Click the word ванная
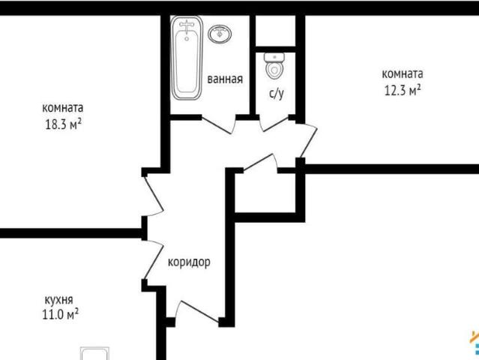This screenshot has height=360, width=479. click(x=225, y=79)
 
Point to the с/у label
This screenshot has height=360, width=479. click(x=276, y=94)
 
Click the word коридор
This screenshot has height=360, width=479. click(x=189, y=262)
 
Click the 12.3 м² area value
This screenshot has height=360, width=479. click(x=402, y=90)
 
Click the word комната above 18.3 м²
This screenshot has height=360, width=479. click(x=63, y=107)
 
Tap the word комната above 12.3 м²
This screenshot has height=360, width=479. click(x=403, y=73)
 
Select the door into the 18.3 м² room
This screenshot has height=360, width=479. click(x=154, y=195)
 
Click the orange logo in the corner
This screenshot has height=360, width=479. click(x=473, y=341)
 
